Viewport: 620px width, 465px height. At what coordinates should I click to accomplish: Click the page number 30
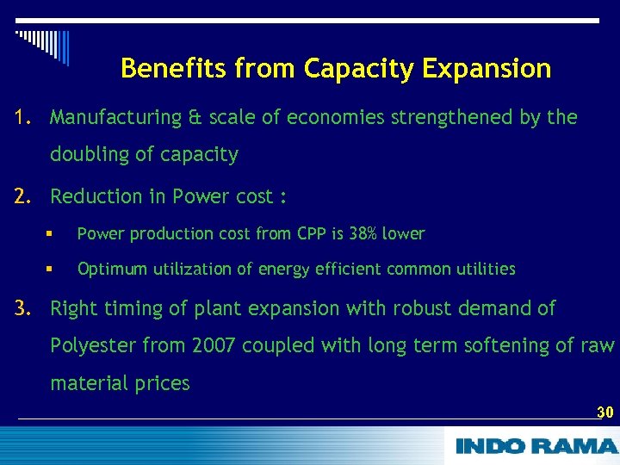[604, 412]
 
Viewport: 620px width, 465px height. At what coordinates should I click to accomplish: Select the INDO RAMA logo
[536, 445]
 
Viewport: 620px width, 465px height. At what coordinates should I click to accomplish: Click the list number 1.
[22, 117]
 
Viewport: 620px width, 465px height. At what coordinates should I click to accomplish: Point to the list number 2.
[22, 196]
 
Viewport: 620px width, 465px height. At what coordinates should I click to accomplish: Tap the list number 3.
[22, 308]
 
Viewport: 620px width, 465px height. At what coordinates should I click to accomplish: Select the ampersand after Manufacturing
[196, 118]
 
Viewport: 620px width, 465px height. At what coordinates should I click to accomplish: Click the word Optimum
[113, 270]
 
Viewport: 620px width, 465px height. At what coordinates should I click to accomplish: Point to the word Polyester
[93, 345]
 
